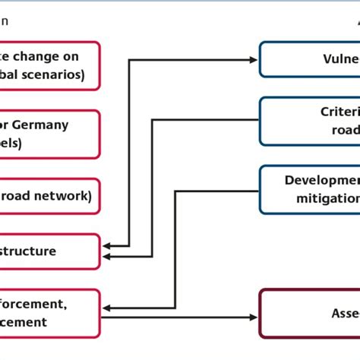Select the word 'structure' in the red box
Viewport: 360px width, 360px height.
point(29,251)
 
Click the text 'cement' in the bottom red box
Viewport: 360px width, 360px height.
point(24,322)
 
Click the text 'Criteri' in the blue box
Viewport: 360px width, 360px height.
point(339,112)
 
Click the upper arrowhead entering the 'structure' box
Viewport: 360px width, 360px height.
point(107,245)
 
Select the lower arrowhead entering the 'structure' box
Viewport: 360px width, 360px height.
point(107,257)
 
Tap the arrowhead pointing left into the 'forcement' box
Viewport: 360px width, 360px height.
point(107,307)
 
